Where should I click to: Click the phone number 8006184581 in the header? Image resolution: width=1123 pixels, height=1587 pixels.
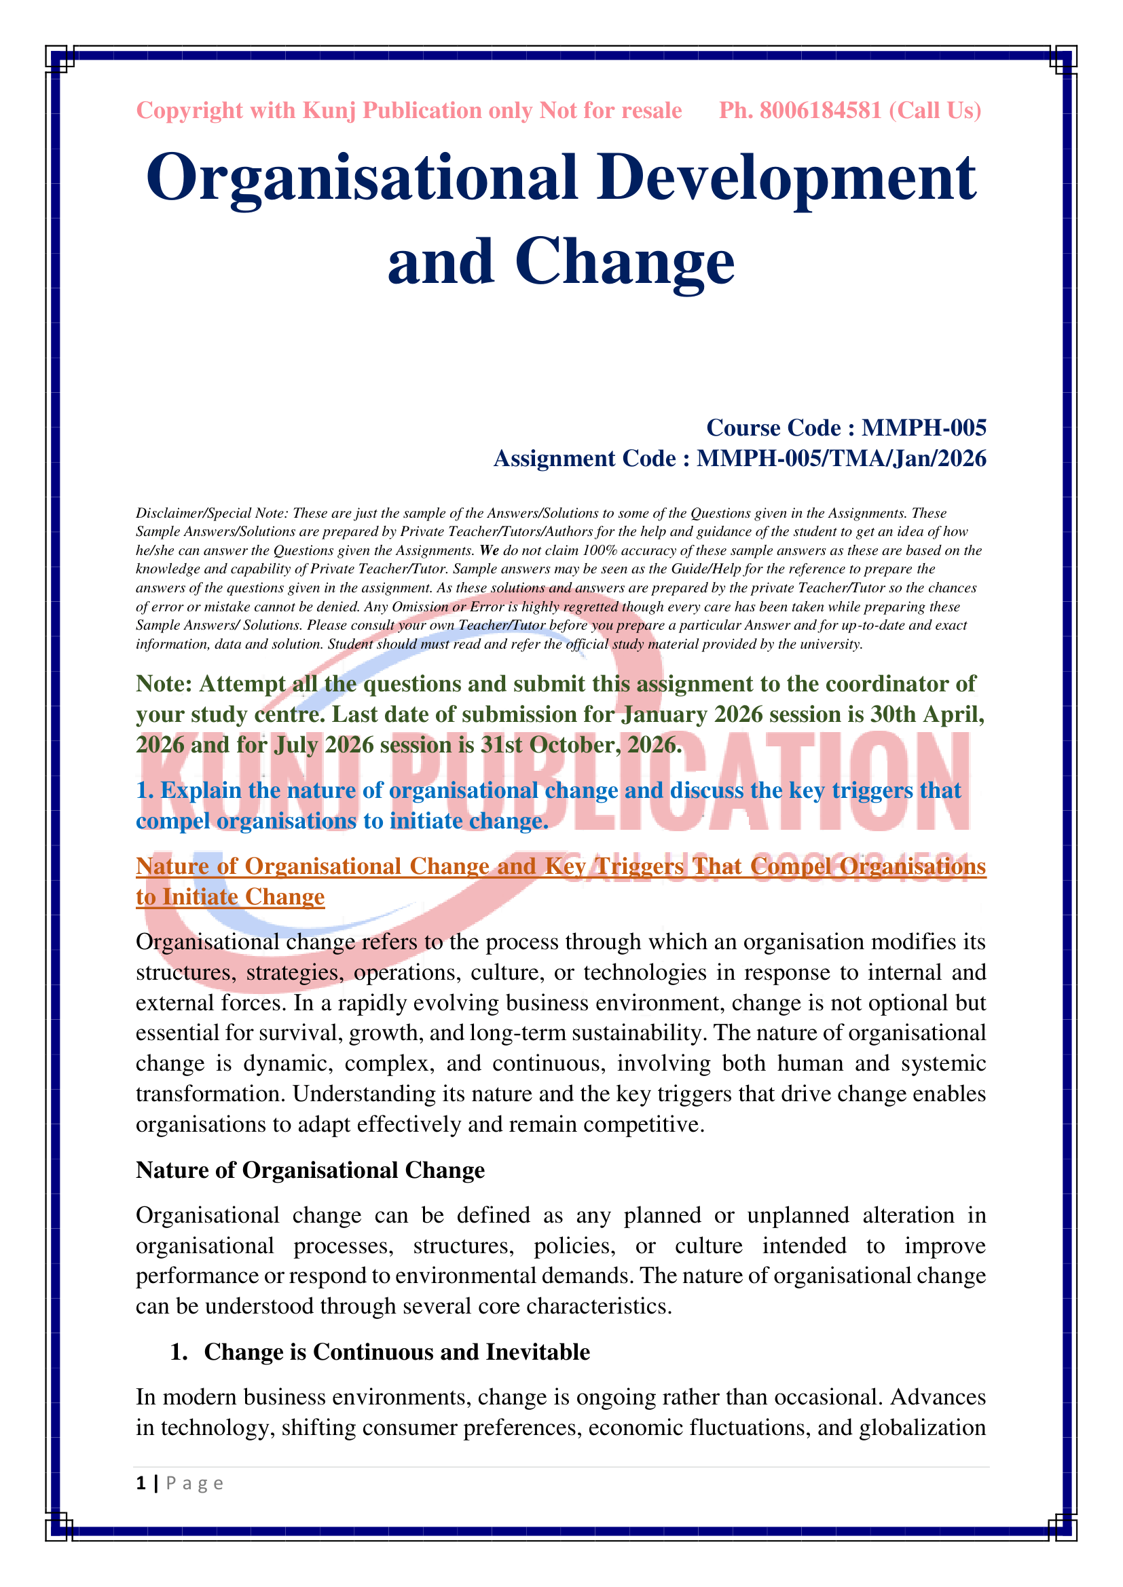pyautogui.click(x=820, y=111)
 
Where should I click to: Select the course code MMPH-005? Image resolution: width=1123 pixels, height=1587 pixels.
pyautogui.click(x=924, y=428)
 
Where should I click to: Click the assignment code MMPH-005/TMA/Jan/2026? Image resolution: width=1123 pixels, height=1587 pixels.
pyautogui.click(x=841, y=458)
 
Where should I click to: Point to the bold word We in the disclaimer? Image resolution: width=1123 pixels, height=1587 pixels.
pyautogui.click(x=489, y=551)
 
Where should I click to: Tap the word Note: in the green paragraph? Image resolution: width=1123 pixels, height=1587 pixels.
pyautogui.click(x=164, y=684)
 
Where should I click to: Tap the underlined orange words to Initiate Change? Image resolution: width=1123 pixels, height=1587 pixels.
pyautogui.click(x=230, y=896)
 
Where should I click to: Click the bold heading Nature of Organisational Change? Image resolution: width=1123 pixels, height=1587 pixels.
pyautogui.click(x=310, y=1170)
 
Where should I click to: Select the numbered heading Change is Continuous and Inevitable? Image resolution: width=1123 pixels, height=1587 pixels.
pyautogui.click(x=397, y=1352)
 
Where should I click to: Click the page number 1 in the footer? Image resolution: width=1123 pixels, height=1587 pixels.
pyautogui.click(x=141, y=1483)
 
